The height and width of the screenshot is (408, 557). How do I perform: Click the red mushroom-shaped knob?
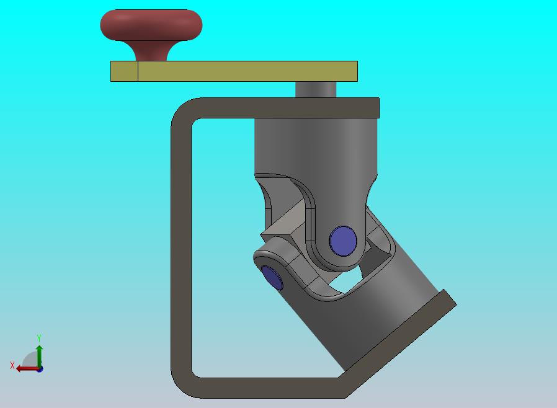click(x=151, y=25)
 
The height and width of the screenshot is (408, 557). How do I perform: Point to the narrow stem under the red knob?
click(x=152, y=51)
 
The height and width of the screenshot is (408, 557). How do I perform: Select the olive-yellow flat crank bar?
click(x=234, y=71)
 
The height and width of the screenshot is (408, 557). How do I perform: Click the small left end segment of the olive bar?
click(x=124, y=71)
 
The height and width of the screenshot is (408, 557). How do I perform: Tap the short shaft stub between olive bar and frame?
click(x=316, y=89)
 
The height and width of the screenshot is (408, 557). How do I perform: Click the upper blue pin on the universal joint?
click(x=343, y=241)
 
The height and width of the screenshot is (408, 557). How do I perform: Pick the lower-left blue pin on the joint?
click(x=272, y=278)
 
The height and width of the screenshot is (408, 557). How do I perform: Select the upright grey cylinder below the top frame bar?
click(x=316, y=149)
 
